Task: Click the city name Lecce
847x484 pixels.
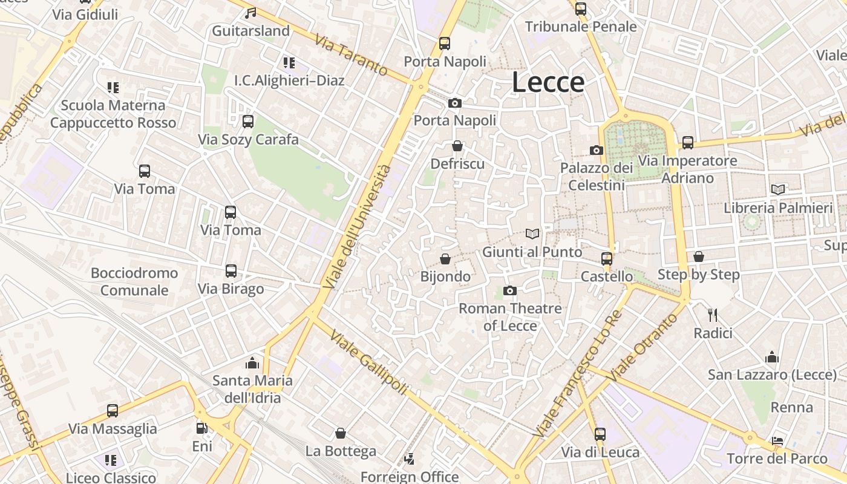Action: coord(548,82)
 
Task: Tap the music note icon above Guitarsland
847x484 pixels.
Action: coord(250,13)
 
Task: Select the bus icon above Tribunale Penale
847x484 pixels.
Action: coord(581,9)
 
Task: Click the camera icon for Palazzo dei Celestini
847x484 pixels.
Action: coord(597,150)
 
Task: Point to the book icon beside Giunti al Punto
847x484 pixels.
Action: coord(532,234)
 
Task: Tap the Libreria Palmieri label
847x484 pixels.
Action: coord(778,208)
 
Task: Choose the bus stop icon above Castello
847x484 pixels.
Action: coord(607,259)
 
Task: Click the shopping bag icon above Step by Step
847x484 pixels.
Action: coord(699,257)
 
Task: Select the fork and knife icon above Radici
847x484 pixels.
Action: coord(713,315)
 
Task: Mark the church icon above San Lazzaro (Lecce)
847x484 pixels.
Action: coord(771,357)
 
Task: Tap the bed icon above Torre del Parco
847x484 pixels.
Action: coord(777,440)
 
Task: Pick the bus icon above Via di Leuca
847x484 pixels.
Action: coord(600,434)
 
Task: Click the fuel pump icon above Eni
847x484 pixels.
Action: coord(202,428)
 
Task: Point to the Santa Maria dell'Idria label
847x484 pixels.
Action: coord(252,389)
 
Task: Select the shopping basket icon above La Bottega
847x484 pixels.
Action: coord(341,433)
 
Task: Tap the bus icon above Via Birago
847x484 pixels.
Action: coord(231,271)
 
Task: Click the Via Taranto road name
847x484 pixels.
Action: coord(351,54)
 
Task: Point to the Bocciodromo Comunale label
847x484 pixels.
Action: coord(134,281)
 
